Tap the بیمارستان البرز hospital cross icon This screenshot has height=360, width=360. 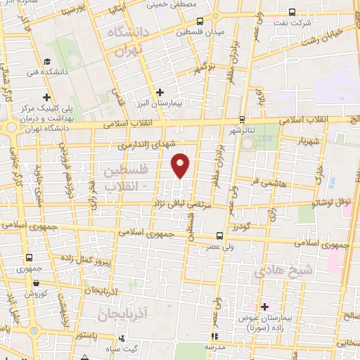[x=160, y=91]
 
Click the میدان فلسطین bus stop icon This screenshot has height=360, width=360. [x=200, y=21]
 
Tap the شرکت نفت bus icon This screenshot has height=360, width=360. [x=292, y=12]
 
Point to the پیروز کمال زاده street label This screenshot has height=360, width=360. [x=107, y=262]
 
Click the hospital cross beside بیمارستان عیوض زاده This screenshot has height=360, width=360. [x=264, y=307]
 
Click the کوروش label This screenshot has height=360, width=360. [x=36, y=294]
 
